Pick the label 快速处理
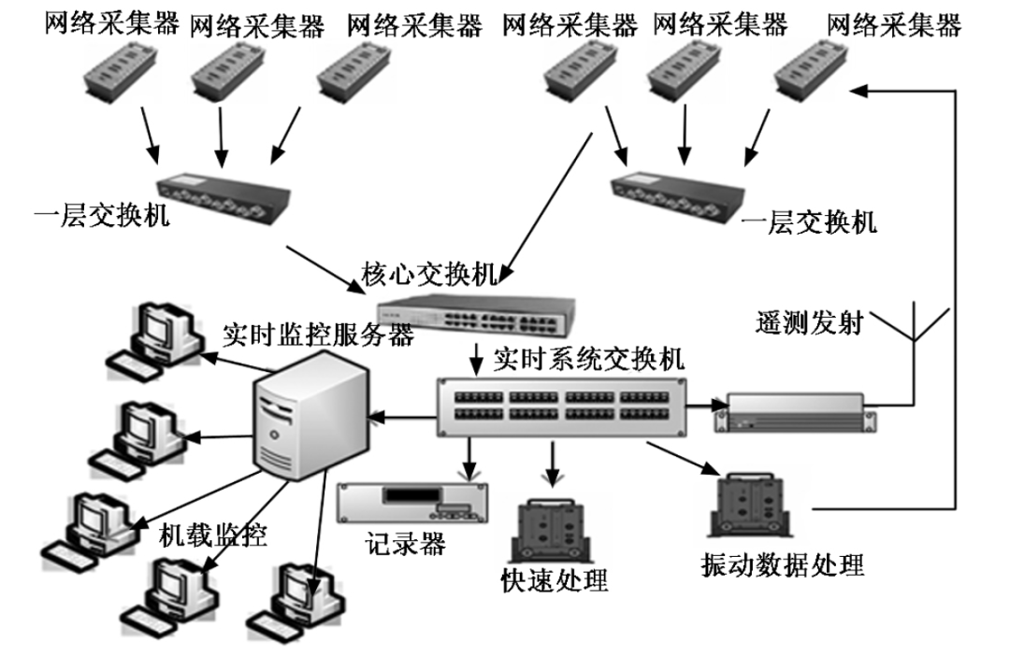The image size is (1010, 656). point(555,580)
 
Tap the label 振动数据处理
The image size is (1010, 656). point(782,565)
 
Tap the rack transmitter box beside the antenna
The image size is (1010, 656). point(793,410)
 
